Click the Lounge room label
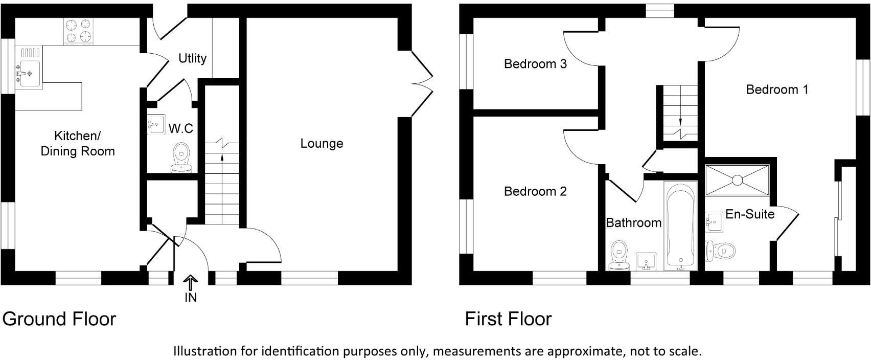322,144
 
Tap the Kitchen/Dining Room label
78,143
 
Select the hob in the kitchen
79,31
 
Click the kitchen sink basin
30,73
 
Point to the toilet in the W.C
181,157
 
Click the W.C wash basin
156,124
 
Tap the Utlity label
193,58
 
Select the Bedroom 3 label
535,63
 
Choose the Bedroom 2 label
535,191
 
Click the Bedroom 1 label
777,89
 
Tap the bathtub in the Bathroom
680,226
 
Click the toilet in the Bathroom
619,255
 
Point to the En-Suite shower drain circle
737,180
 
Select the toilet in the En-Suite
721,251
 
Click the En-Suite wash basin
714,222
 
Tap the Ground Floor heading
59,319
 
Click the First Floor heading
508,319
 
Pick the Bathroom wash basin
646,261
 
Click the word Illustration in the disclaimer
205,351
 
